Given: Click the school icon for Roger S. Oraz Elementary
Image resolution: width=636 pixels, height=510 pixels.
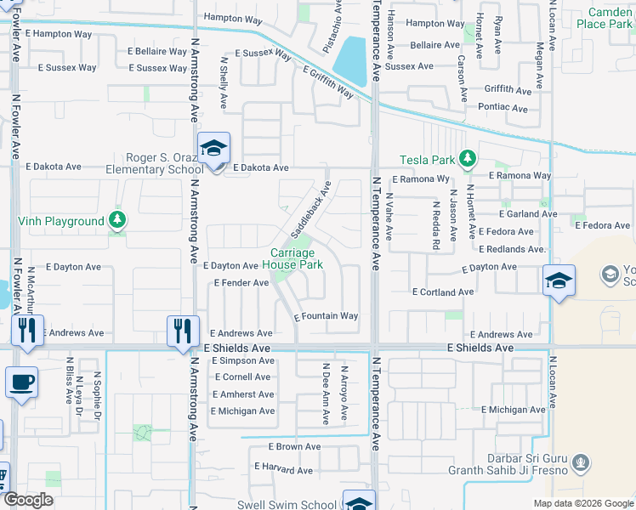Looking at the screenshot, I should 213,148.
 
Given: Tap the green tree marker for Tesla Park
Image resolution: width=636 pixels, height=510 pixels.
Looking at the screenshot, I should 467,158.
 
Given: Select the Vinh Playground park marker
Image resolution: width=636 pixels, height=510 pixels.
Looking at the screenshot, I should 118,221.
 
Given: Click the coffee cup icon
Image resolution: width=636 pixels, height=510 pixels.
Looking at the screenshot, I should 21,382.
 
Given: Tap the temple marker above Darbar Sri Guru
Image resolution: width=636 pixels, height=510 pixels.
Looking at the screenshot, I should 581,463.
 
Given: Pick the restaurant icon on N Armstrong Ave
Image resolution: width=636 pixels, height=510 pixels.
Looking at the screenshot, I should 182,330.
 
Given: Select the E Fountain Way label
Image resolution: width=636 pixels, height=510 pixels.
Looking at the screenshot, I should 326,316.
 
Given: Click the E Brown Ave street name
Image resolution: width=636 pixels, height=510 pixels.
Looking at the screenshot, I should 294,446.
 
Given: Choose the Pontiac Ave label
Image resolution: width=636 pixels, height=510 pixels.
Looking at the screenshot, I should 503,107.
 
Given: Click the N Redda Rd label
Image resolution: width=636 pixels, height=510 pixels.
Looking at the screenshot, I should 435,226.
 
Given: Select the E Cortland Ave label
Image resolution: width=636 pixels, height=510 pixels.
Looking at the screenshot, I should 442,292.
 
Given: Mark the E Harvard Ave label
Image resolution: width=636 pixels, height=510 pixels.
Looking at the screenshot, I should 283,469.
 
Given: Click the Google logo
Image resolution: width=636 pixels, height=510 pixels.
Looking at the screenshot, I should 28,500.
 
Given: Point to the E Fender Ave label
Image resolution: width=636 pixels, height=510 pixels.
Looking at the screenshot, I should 241,282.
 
